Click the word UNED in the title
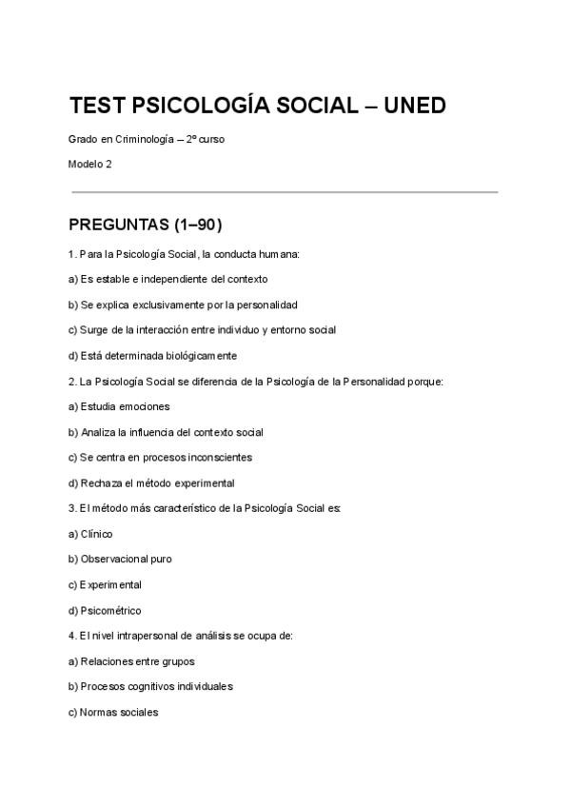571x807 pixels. [414, 106]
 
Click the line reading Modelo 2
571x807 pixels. [90, 164]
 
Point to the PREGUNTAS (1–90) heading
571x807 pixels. [146, 226]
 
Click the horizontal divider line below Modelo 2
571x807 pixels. [285, 192]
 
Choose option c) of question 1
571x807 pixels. [202, 330]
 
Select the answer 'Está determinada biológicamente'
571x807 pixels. [152, 356]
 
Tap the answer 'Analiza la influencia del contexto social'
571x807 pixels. [166, 432]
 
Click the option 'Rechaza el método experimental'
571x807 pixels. [151, 482]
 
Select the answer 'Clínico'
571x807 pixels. [90, 534]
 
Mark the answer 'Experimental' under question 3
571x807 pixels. [105, 584]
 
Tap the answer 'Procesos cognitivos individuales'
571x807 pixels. [150, 686]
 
